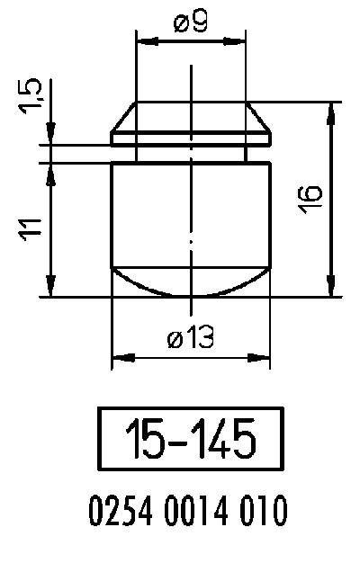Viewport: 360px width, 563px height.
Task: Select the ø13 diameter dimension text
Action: pos(189,339)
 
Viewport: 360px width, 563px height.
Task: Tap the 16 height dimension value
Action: pos(310,199)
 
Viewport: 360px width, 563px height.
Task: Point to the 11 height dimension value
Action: pos(31,228)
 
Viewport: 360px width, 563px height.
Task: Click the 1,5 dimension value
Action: pos(31,97)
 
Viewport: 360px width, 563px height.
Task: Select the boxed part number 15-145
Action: pos(190,440)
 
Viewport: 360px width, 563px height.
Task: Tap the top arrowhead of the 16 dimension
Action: pos(334,111)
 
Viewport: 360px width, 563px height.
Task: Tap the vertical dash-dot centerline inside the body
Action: pos(190,207)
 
